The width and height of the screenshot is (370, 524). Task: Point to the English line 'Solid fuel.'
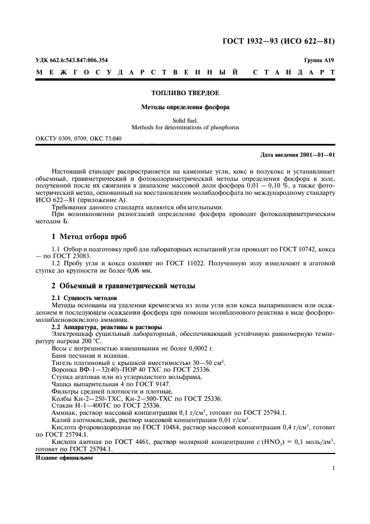pyautogui.click(x=185, y=119)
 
